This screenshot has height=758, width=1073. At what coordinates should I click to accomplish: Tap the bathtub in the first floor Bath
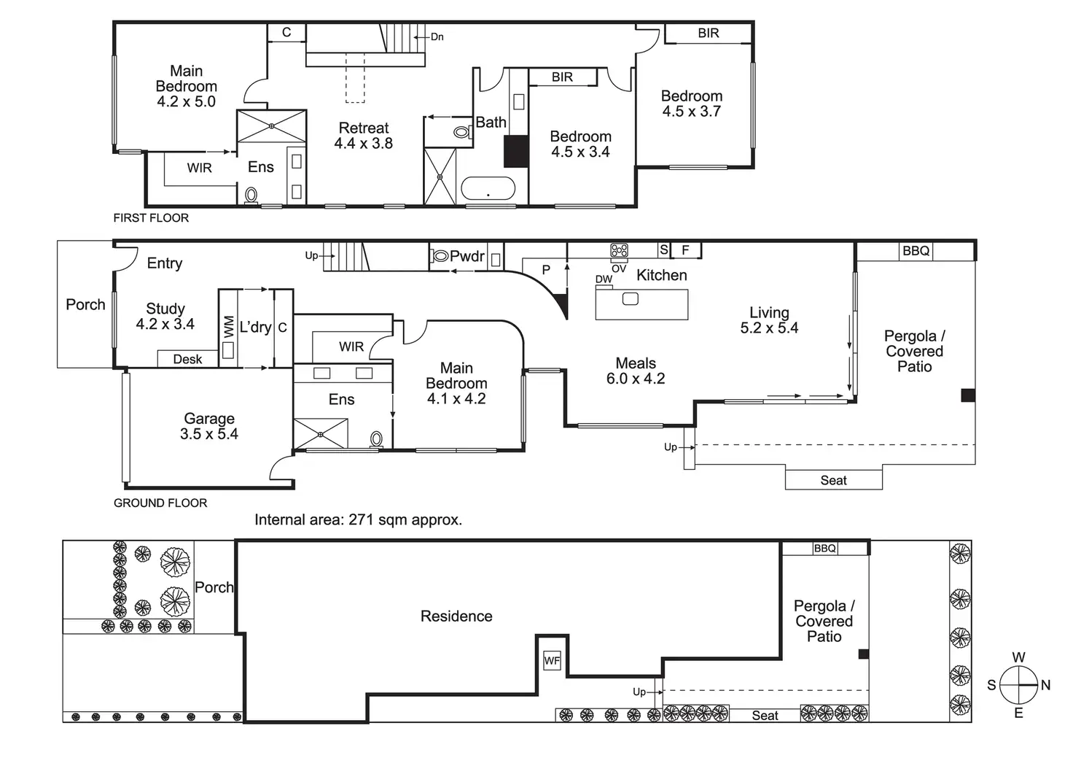click(488, 188)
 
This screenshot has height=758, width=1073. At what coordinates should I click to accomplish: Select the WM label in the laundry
click(229, 327)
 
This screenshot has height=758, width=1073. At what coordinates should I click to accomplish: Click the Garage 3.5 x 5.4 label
click(209, 426)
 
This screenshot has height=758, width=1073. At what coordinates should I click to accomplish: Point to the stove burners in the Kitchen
click(619, 250)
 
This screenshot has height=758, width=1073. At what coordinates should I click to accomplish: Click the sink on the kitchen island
click(631, 298)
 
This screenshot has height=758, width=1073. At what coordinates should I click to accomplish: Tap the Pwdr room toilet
click(440, 256)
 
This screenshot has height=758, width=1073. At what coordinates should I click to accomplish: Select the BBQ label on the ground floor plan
click(916, 251)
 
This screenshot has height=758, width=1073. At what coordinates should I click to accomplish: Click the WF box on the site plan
click(552, 661)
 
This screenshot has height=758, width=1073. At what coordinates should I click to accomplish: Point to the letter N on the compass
click(1046, 685)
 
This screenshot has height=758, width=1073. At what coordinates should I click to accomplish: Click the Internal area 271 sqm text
click(359, 519)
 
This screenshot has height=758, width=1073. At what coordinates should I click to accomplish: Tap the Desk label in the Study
click(187, 359)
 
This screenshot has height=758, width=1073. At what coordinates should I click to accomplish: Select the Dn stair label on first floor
click(437, 37)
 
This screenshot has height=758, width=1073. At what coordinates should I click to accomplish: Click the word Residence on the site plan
click(456, 616)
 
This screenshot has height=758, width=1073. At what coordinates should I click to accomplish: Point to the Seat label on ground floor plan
click(833, 480)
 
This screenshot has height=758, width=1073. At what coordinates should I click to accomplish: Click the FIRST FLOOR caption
click(151, 218)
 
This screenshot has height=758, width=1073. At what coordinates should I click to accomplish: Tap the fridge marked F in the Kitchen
click(686, 250)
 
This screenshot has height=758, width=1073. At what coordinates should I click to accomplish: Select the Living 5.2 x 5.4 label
click(769, 320)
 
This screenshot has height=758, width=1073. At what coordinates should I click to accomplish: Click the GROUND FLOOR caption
click(160, 503)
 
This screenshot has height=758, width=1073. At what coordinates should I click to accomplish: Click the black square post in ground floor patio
click(968, 395)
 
